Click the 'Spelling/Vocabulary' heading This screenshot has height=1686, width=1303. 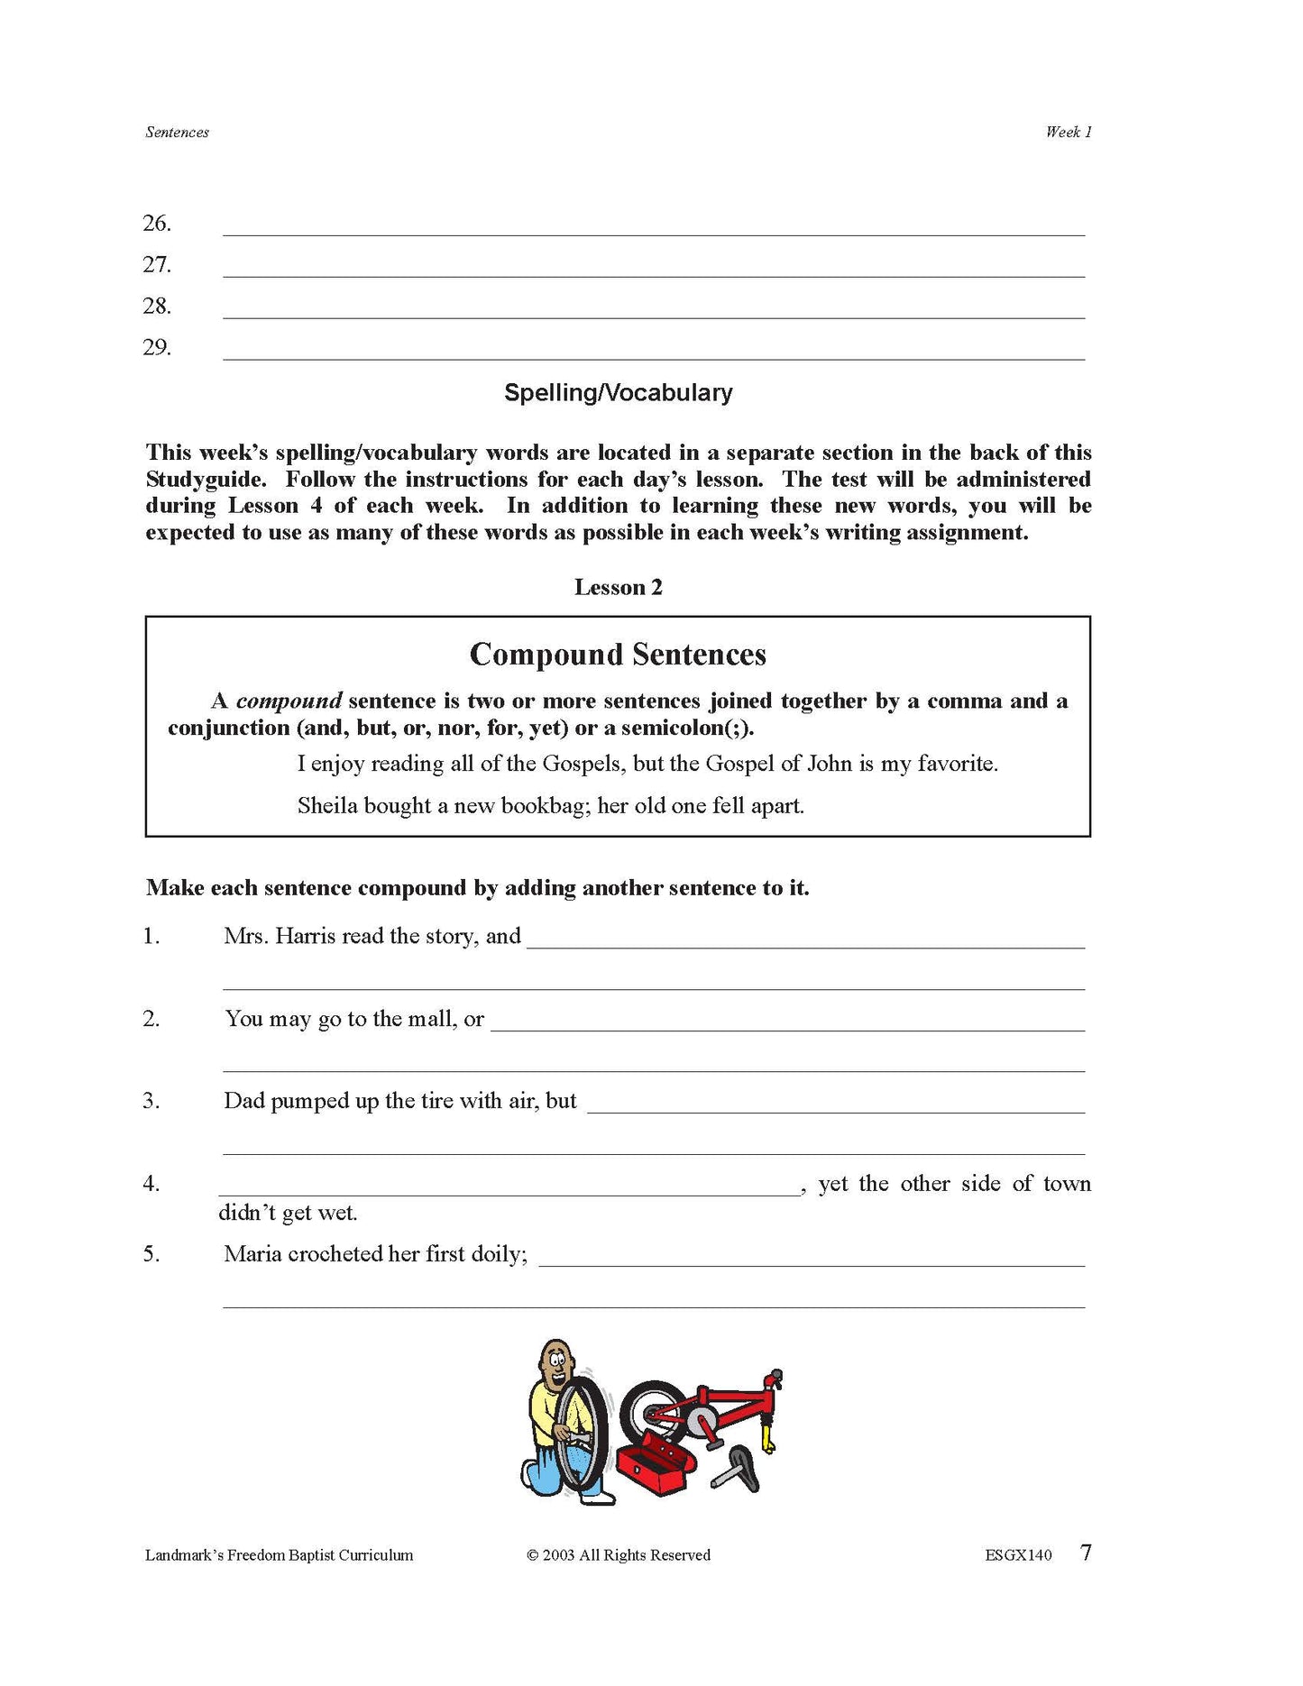point(618,393)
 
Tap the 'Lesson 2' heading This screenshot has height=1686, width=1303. point(618,588)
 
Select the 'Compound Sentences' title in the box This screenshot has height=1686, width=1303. point(618,655)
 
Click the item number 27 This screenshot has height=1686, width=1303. point(157,265)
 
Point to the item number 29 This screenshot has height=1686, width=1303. point(157,348)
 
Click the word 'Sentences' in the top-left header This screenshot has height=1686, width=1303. point(177,133)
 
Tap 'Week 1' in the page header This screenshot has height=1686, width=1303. point(1069,133)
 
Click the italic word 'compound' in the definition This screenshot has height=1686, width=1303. point(289,701)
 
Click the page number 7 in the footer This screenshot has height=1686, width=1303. point(1086,1553)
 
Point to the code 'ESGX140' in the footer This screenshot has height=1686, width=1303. point(1018,1555)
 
